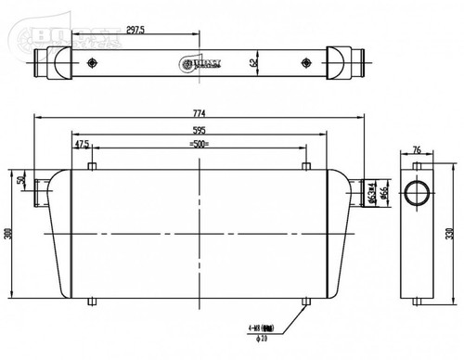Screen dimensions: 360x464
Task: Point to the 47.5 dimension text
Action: coord(82,145)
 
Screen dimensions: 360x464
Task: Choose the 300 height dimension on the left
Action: coord(9,234)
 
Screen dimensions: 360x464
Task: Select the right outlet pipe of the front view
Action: coord(356,192)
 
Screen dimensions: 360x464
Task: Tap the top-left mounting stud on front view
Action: coord(91,167)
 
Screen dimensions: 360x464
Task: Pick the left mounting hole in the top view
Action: coord(91,64)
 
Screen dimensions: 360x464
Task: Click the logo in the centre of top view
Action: coord(199,64)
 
